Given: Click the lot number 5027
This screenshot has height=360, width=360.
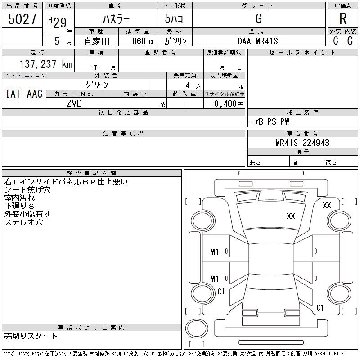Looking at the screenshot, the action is click(22, 19).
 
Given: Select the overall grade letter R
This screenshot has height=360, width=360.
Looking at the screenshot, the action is click(343, 18).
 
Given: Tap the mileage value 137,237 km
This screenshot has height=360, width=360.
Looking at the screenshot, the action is click(46, 64).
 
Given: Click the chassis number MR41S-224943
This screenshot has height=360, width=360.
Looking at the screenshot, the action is click(302, 143).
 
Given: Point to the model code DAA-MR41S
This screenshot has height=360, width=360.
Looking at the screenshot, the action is click(258, 41).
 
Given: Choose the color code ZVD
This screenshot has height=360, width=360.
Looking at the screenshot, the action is click(74, 103).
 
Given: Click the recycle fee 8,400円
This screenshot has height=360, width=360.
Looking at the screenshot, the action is click(229, 104).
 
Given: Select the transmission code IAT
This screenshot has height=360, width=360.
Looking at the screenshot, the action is click(13, 94).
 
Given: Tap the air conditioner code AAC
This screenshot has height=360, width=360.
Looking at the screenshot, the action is click(35, 94).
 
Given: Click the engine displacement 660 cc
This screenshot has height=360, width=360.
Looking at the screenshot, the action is click(144, 41).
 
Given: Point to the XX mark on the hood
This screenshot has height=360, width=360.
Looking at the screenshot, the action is click(291, 216).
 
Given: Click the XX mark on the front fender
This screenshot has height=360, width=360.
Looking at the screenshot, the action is click(327, 206).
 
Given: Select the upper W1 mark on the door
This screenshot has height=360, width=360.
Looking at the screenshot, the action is click(215, 252).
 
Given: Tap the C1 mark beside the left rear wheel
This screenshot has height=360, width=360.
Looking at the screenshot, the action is click(221, 292).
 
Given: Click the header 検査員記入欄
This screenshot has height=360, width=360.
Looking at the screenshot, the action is click(91, 173).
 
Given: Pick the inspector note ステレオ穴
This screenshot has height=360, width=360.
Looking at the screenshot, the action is click(24, 222).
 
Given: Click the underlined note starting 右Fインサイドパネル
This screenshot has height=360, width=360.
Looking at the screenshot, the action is click(66, 182).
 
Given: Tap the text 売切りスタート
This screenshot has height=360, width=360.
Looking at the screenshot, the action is click(31, 336).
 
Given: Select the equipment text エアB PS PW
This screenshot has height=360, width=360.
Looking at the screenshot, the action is click(269, 121).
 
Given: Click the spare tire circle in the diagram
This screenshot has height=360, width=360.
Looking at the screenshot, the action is click(197, 328).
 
